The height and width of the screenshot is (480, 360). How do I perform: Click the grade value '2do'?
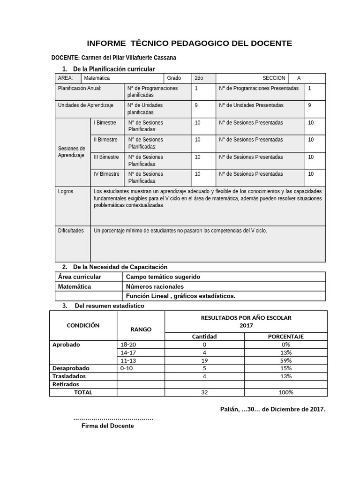tap(199, 78)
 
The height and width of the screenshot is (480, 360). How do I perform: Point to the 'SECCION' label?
tap(273, 78)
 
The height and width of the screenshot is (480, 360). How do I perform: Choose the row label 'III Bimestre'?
tap(106, 157)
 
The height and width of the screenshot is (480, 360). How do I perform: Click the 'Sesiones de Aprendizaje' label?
tap(71, 152)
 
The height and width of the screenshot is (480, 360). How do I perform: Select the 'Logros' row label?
tap(66, 192)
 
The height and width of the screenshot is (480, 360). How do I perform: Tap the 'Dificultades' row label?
tap(71, 231)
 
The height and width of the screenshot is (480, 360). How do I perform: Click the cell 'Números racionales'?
tap(155, 286)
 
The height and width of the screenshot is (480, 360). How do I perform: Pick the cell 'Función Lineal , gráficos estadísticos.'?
tap(180, 296)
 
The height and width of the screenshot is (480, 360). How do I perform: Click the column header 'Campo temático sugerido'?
tap(163, 277)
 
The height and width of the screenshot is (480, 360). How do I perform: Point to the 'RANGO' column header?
tap(141, 329)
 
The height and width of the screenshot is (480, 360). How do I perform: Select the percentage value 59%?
tap(286, 360)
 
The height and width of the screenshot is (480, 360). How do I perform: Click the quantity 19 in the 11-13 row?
tap(204, 360)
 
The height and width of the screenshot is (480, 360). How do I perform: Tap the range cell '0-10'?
tap(127, 368)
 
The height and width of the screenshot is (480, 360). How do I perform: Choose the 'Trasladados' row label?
tap(69, 376)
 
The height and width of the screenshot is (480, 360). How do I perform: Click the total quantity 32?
tap(204, 392)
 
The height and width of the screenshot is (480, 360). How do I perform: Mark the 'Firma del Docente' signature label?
tap(107, 426)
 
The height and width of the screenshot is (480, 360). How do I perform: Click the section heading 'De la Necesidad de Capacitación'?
tap(120, 267)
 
